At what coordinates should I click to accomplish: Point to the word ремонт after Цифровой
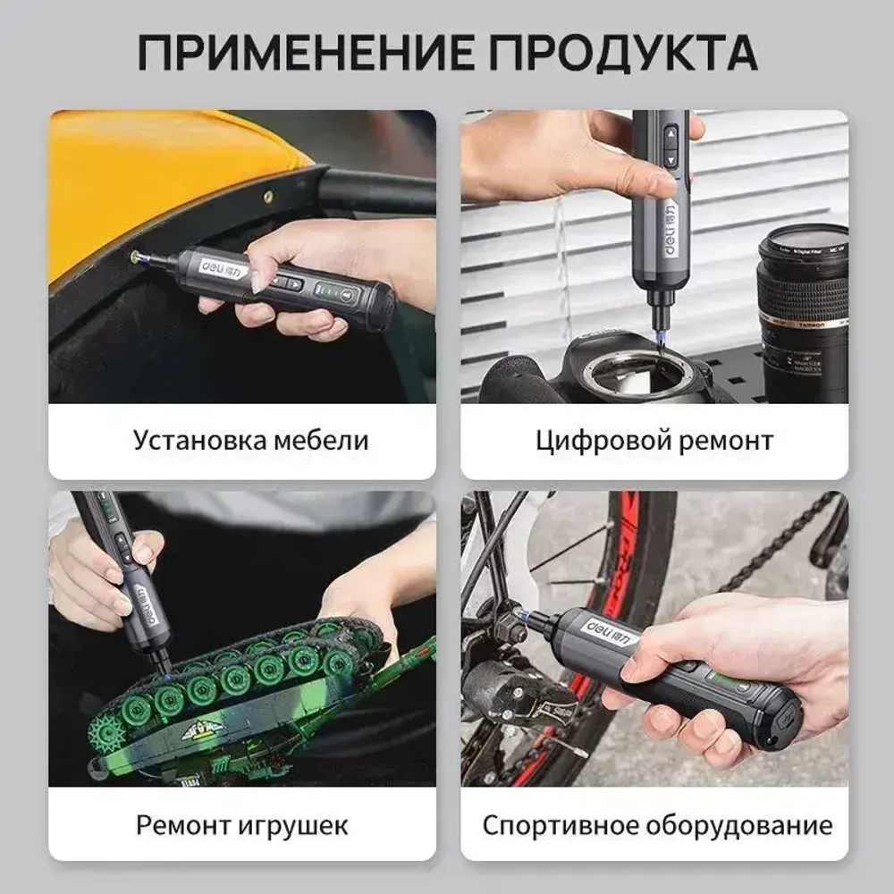click(721, 441)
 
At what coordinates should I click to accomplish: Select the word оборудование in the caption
click(746, 823)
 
